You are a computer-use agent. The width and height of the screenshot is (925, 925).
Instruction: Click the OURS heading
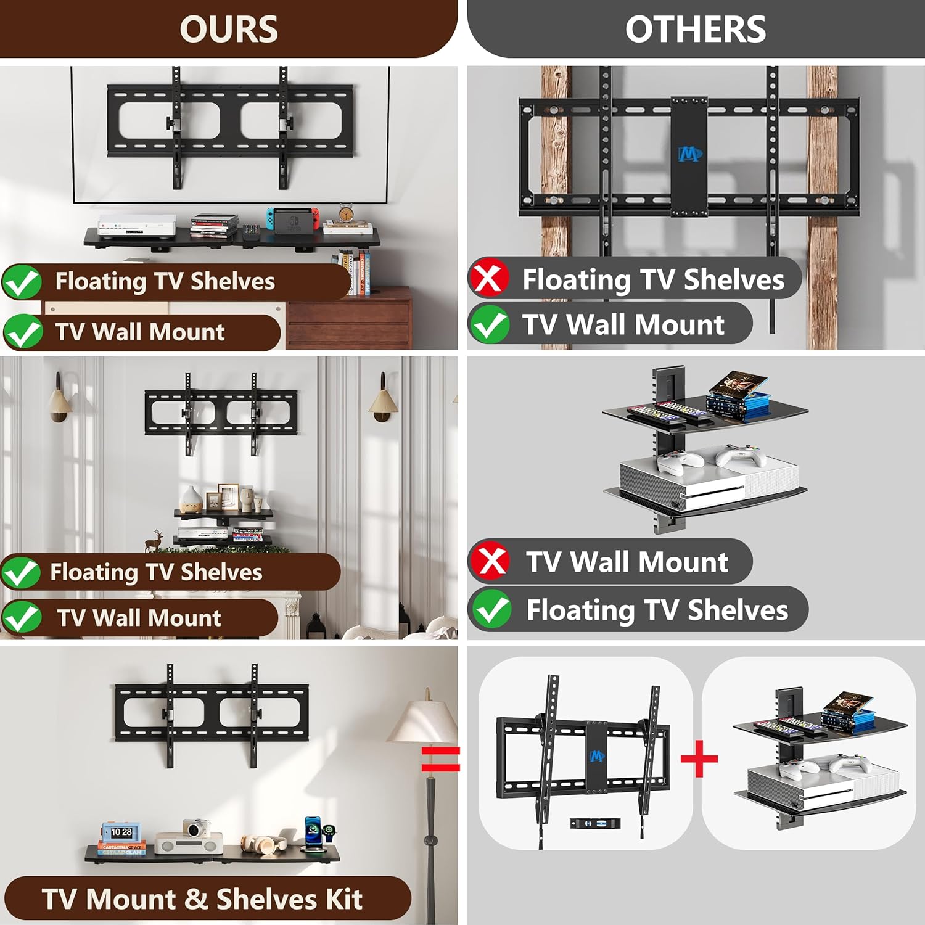[229, 29]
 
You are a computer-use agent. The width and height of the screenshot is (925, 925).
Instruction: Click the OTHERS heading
[695, 29]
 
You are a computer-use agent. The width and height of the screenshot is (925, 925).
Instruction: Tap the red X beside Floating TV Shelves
[489, 279]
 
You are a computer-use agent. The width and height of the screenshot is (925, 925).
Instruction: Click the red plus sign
[699, 759]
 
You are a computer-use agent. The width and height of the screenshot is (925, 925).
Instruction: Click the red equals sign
[440, 759]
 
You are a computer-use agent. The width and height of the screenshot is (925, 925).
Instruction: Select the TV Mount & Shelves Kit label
[202, 898]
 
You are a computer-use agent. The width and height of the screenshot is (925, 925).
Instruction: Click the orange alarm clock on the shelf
[346, 213]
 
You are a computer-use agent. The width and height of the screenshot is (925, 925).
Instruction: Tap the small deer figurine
[153, 540]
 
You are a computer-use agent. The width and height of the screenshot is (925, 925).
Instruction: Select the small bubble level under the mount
[594, 823]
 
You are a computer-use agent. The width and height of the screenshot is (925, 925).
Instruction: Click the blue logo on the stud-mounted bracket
[689, 154]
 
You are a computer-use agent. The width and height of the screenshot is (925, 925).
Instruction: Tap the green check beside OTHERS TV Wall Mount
[489, 324]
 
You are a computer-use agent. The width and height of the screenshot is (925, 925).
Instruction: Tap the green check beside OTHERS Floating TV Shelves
[491, 609]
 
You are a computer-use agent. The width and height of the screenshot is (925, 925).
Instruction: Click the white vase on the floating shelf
[191, 499]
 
